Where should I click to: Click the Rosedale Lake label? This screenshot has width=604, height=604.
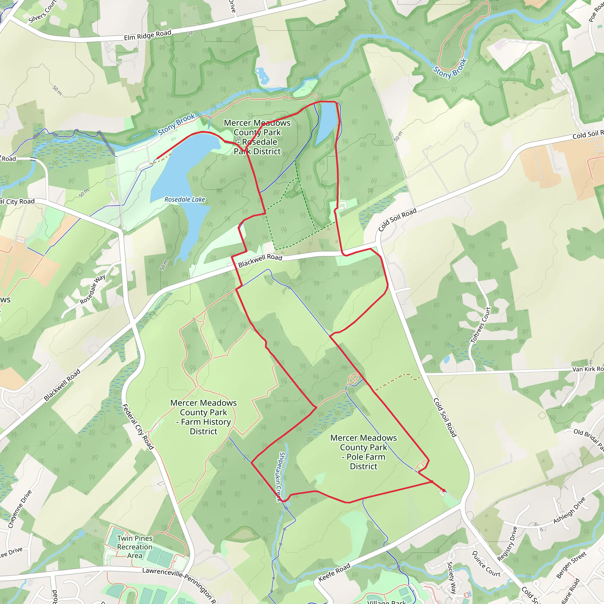(x=185, y=199)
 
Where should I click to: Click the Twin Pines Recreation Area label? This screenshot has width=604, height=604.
(x=135, y=547)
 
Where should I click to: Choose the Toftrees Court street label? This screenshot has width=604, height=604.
(x=480, y=325)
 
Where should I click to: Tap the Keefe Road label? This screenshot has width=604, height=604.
(x=334, y=572)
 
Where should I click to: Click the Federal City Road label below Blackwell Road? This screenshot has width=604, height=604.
(x=138, y=427)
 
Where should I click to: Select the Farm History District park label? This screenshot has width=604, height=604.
(x=203, y=417)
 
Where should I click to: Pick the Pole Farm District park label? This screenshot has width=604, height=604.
(x=364, y=452)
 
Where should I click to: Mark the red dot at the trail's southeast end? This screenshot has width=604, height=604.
(x=444, y=490)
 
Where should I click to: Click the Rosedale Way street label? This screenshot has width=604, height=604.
(x=93, y=290)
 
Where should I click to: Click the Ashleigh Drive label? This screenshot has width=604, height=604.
(x=569, y=511)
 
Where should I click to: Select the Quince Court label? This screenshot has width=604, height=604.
(x=486, y=564)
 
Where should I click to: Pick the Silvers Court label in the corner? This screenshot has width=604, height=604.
(x=42, y=12)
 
